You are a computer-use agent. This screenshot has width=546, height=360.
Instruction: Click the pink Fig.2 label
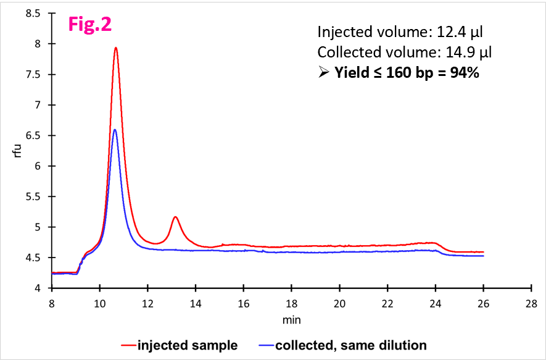click(x=89, y=25)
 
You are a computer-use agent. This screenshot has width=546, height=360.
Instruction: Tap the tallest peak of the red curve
click(x=115, y=48)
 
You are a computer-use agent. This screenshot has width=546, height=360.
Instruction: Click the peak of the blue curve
click(x=115, y=130)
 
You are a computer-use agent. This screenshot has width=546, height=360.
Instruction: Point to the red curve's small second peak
click(x=175, y=217)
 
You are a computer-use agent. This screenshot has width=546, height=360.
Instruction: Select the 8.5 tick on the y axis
click(x=34, y=14)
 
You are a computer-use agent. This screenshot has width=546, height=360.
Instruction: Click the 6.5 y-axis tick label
click(x=34, y=136)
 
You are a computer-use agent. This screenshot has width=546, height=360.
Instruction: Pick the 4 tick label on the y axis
click(x=39, y=288)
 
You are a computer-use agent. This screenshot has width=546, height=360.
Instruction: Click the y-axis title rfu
click(x=17, y=151)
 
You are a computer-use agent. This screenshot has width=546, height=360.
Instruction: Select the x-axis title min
click(x=291, y=320)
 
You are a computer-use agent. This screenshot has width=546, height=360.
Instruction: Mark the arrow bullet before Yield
click(x=324, y=73)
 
